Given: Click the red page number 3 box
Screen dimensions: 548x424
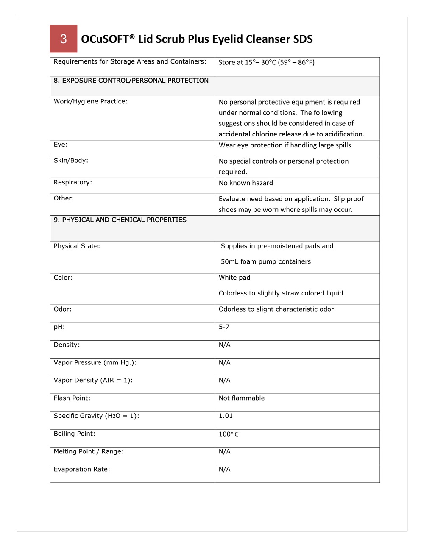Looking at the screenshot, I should [x=64, y=39].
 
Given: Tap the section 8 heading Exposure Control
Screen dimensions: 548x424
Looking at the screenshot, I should [x=131, y=81].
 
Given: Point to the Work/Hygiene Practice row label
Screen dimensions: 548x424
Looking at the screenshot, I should [x=90, y=101].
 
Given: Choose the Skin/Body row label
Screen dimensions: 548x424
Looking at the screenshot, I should [x=71, y=160].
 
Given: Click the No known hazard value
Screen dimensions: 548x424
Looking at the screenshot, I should [x=245, y=183].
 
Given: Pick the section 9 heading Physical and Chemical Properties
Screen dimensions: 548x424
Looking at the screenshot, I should [x=120, y=220].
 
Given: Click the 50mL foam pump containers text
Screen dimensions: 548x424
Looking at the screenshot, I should [x=266, y=261].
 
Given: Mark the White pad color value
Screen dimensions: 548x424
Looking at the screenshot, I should [x=234, y=278].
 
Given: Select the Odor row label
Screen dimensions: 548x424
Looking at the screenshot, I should [x=63, y=309].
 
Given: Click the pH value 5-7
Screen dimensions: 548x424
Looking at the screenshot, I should [x=224, y=327].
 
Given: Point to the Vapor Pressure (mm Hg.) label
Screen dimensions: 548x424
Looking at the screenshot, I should [x=95, y=362].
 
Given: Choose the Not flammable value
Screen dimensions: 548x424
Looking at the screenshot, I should [x=242, y=398].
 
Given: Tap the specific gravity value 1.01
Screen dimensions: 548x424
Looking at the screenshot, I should [x=226, y=416].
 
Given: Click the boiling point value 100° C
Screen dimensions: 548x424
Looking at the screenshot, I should [x=229, y=434].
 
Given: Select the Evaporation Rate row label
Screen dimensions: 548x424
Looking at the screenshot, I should [x=82, y=469].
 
